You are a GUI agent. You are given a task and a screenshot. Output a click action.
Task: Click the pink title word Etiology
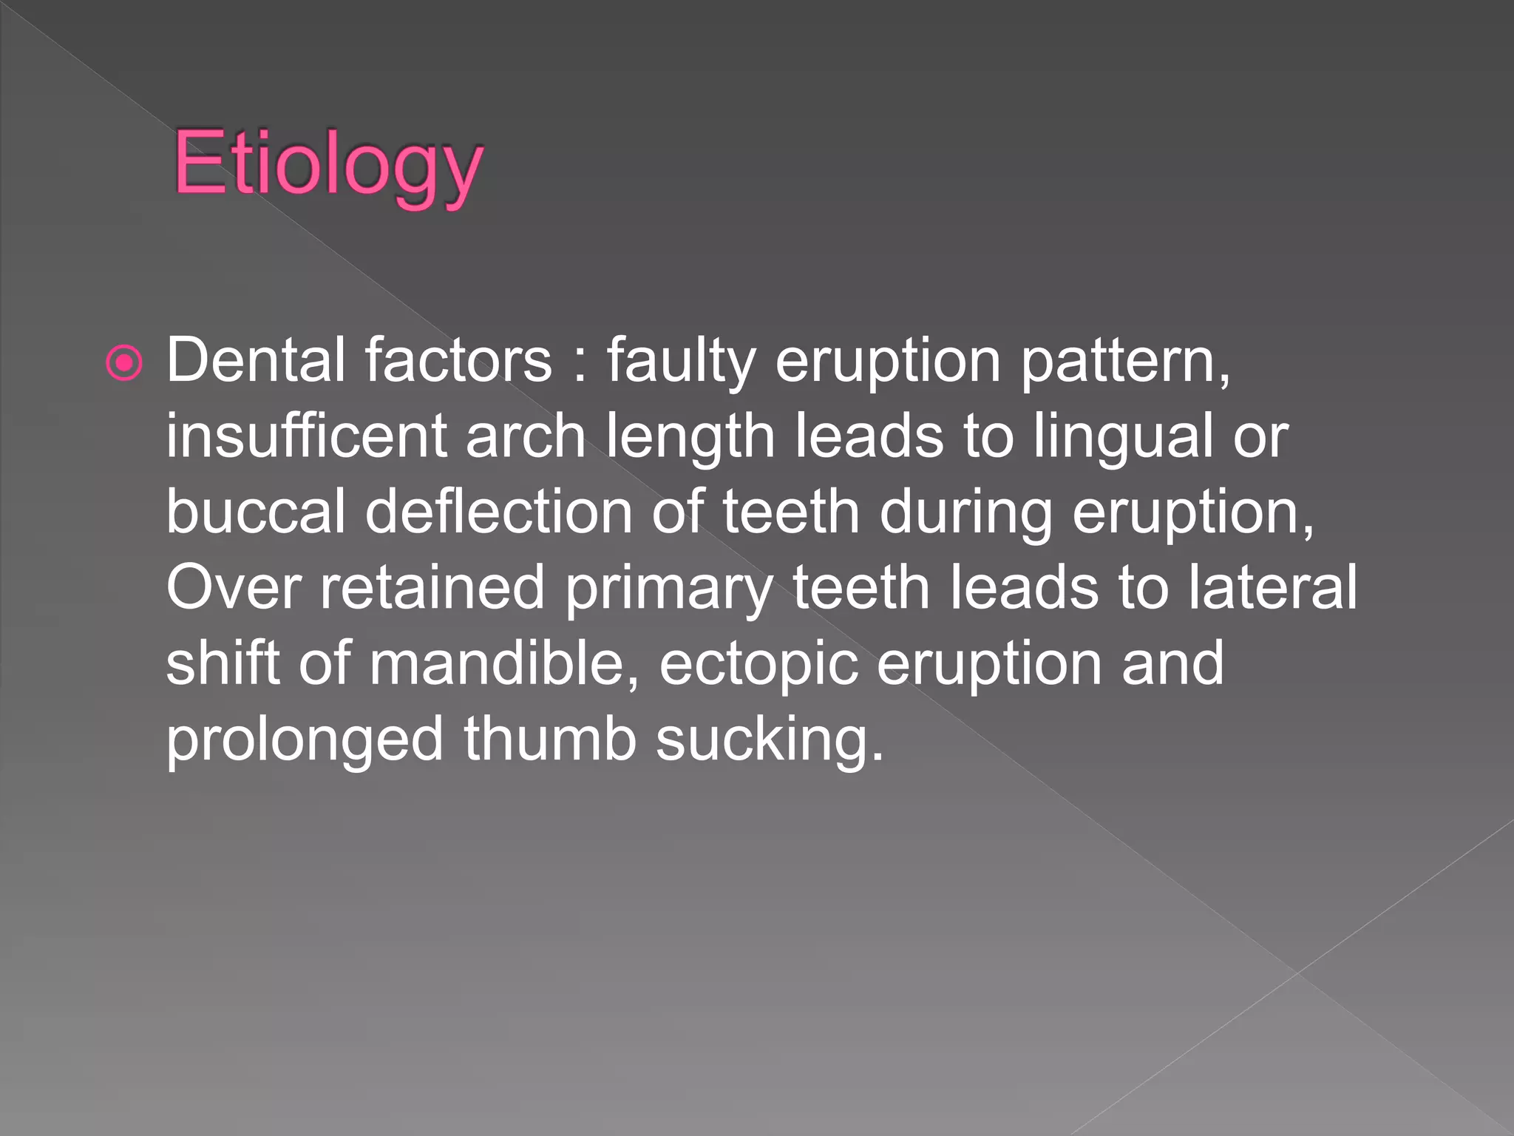327,163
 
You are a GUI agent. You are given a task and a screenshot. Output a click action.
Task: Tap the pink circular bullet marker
124,363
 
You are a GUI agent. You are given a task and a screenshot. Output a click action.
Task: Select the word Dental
255,360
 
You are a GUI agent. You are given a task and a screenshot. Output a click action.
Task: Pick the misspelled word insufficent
306,436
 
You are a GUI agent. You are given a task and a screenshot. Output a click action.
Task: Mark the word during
965,513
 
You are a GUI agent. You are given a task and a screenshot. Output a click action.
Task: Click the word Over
233,587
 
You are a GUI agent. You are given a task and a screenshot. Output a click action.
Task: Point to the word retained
432,587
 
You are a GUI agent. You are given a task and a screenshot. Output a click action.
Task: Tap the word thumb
550,739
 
